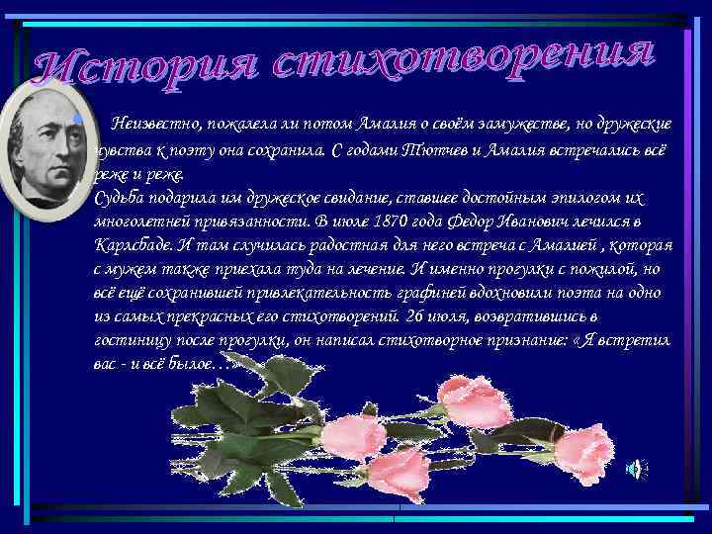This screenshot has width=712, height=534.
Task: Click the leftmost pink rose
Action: pos(355,435)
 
